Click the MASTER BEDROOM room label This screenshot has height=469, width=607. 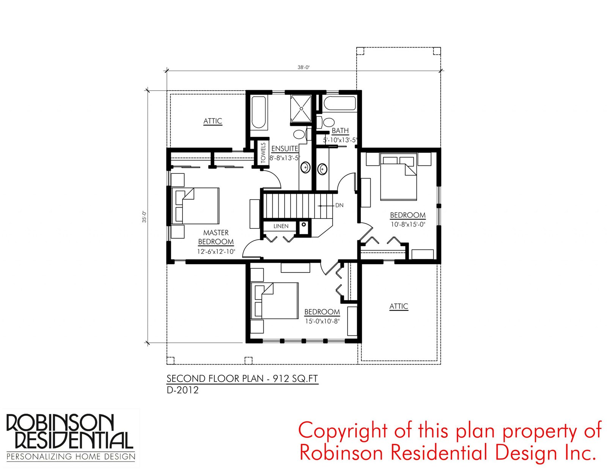coord(215,237)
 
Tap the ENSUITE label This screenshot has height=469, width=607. coord(285,148)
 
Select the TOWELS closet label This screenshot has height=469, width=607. coord(263,153)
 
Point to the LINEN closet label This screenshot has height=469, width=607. coord(281,226)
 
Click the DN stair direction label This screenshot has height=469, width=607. coord(339,205)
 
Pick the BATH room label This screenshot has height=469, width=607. coord(340,131)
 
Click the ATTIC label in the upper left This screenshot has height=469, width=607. coord(212,121)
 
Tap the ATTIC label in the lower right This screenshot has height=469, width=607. coord(399,306)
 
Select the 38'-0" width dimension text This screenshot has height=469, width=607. coord(303,67)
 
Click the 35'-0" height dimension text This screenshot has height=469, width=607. coord(144,217)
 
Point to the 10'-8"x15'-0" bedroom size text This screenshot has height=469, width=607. coord(407,224)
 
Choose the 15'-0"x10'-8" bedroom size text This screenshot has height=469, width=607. coord(322,321)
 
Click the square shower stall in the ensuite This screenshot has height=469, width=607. coord(301,109)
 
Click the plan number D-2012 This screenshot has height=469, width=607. coord(182,390)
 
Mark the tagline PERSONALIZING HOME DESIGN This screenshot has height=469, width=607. coord(71,457)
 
